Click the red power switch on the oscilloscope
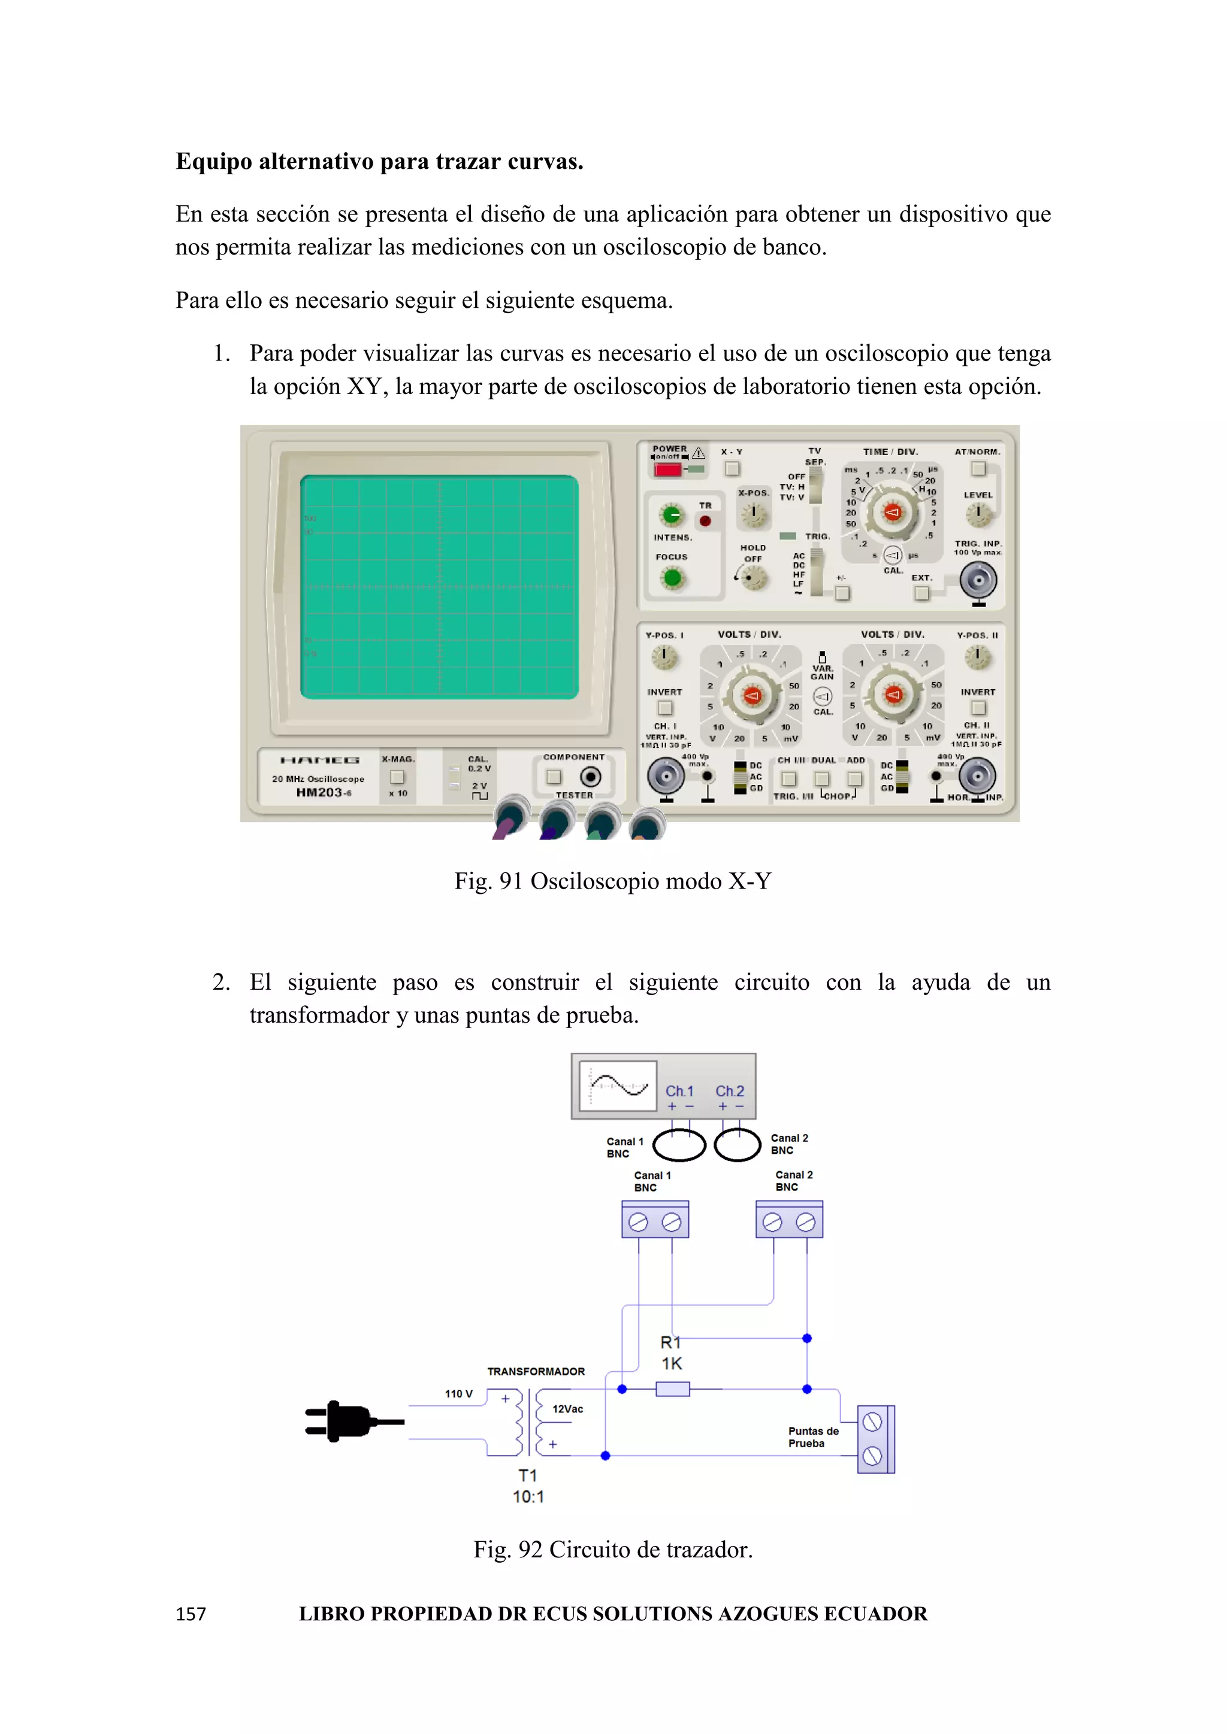click(668, 470)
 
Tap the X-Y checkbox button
click(732, 469)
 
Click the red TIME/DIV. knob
click(892, 513)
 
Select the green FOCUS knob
click(672, 578)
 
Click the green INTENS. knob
click(672, 515)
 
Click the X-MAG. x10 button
click(397, 777)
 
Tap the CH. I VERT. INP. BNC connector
click(666, 775)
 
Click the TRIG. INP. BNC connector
click(978, 581)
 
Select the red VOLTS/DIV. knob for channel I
click(751, 696)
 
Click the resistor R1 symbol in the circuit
click(672, 1389)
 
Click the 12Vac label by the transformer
click(567, 1409)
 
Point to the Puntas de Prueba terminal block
click(875, 1439)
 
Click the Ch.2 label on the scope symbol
click(729, 1092)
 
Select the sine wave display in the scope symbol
click(618, 1086)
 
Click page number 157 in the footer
click(191, 1614)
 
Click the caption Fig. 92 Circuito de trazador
click(613, 1550)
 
